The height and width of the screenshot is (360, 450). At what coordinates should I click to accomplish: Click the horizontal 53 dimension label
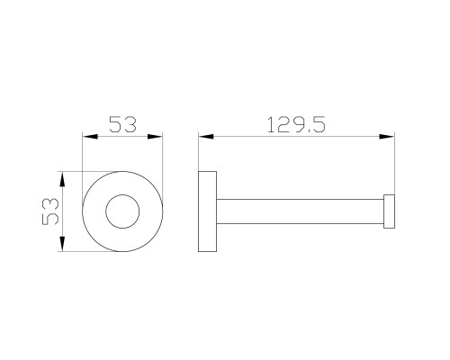[x=122, y=124]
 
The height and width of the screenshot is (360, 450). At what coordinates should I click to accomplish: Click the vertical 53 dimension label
[x=50, y=211]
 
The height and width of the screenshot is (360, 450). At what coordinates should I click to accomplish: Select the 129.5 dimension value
[x=296, y=124]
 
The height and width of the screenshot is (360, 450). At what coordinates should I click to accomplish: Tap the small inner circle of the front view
[x=122, y=211]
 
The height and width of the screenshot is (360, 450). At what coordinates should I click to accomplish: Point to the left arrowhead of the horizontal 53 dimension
[x=90, y=137]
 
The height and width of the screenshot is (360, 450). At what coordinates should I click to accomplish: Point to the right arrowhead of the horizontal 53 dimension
[x=155, y=137]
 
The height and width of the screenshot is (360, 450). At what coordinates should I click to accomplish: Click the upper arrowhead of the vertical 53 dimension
[x=62, y=179]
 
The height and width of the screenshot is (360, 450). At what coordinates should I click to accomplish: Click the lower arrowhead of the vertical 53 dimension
[x=62, y=244]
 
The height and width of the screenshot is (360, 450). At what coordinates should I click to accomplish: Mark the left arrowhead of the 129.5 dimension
[x=206, y=137]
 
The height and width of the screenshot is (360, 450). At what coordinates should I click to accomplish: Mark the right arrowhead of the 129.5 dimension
[x=387, y=137]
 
